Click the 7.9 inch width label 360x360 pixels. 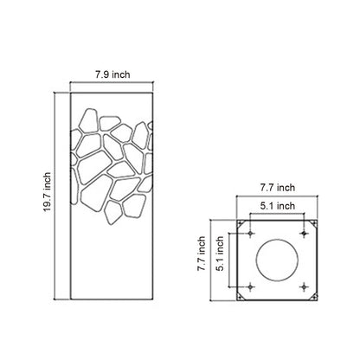tap(112, 74)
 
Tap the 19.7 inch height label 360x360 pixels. tap(47, 192)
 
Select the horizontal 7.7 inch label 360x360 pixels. tap(278, 188)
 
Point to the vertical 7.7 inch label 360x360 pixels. tap(202, 254)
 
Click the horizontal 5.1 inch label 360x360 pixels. tap(278, 206)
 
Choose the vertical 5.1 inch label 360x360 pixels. tap(220, 254)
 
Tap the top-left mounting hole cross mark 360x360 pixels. tap(250, 233)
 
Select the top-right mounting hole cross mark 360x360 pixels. tap(304, 233)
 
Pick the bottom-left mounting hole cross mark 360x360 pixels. tap(250, 287)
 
